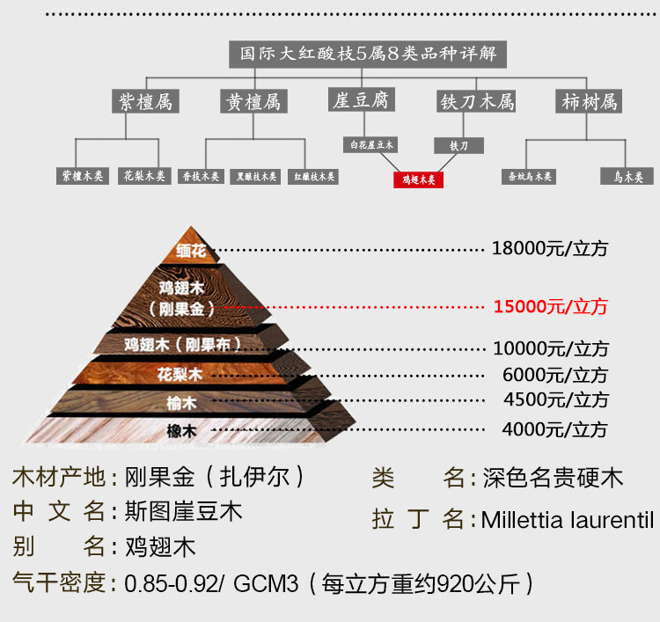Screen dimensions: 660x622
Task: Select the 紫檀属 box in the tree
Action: pos(146,101)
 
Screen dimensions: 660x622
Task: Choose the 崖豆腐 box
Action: pos(359,100)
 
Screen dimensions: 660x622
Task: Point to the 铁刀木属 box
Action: pos(476,101)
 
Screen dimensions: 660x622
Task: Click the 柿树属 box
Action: pos(590,101)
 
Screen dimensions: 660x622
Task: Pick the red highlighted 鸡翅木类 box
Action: pos(418,179)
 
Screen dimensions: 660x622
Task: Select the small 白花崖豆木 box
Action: pos(371,144)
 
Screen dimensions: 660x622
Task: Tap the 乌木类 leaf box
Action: pos(627,176)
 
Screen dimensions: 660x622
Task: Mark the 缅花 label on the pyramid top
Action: pos(190,252)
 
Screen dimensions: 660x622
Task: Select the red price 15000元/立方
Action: pos(550,307)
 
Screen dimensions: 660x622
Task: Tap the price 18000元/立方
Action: pos(550,248)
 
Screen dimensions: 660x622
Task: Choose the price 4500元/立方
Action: pos(555,399)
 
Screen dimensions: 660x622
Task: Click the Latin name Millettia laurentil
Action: pos(568,519)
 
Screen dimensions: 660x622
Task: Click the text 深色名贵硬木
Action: pos(553,478)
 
